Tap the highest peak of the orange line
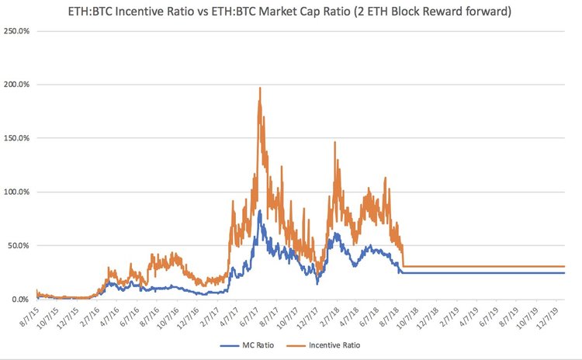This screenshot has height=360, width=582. (259, 88)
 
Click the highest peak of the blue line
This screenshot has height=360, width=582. (259, 211)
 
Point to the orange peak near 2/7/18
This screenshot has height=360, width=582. (334, 143)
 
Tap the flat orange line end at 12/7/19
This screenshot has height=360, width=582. (564, 267)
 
